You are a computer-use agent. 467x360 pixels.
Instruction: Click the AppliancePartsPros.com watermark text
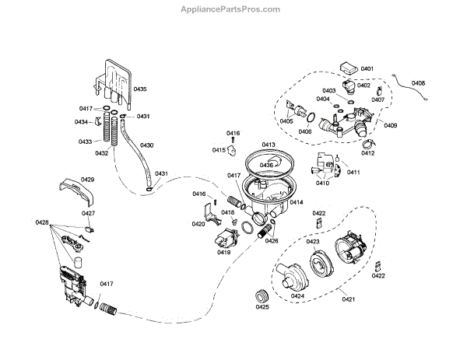tap(233, 9)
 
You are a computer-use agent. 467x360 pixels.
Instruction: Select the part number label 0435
tap(146, 89)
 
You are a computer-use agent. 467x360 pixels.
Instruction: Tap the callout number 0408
tap(418, 83)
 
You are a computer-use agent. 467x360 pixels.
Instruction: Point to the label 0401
tap(367, 69)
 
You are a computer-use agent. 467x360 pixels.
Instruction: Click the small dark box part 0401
tap(347, 68)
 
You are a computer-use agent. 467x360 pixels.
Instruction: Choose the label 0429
tap(88, 180)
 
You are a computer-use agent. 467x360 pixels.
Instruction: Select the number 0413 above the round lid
tap(269, 145)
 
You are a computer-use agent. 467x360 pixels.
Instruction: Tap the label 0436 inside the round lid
tap(266, 165)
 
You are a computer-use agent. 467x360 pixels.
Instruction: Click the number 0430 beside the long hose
tap(146, 145)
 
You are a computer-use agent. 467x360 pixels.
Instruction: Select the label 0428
tap(42, 223)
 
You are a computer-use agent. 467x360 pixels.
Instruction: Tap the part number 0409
tap(390, 126)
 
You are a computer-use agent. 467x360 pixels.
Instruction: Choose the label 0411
tap(353, 172)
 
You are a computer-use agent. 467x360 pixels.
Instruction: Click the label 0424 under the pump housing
tap(297, 295)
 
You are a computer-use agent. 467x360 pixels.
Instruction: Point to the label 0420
tap(198, 224)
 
